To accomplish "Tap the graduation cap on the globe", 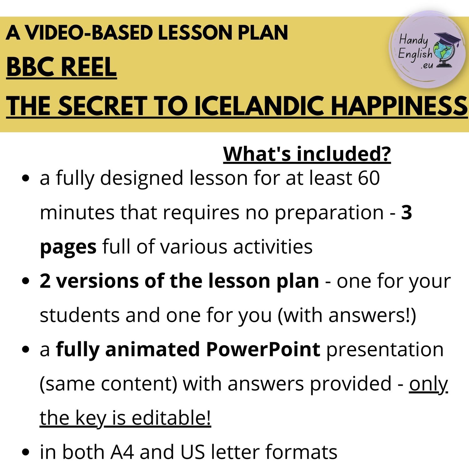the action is click(448, 39).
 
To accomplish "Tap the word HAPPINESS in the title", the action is click(399, 106).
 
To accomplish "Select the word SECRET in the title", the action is click(103, 106).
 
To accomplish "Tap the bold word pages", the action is click(68, 248).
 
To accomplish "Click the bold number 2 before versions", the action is click(45, 281).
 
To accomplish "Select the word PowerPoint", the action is click(263, 350).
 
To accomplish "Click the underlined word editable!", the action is click(171, 417).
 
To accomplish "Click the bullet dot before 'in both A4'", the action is click(26, 452).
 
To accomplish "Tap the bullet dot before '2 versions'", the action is click(26, 281).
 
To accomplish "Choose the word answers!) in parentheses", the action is click(372, 315).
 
